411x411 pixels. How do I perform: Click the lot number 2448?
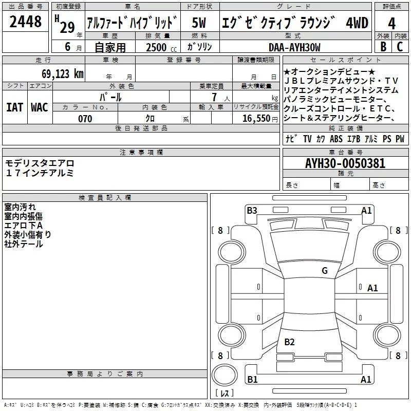25,22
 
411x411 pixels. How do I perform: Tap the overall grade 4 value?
391,24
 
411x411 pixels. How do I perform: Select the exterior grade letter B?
383,46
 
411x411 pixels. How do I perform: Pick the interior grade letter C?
400,46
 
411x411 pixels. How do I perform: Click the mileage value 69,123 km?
63,74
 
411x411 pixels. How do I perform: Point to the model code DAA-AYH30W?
294,47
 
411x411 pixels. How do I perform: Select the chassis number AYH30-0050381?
345,163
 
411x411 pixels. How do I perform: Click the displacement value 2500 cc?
161,47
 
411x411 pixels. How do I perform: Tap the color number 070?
85,119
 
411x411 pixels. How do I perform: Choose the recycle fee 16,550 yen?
260,119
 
